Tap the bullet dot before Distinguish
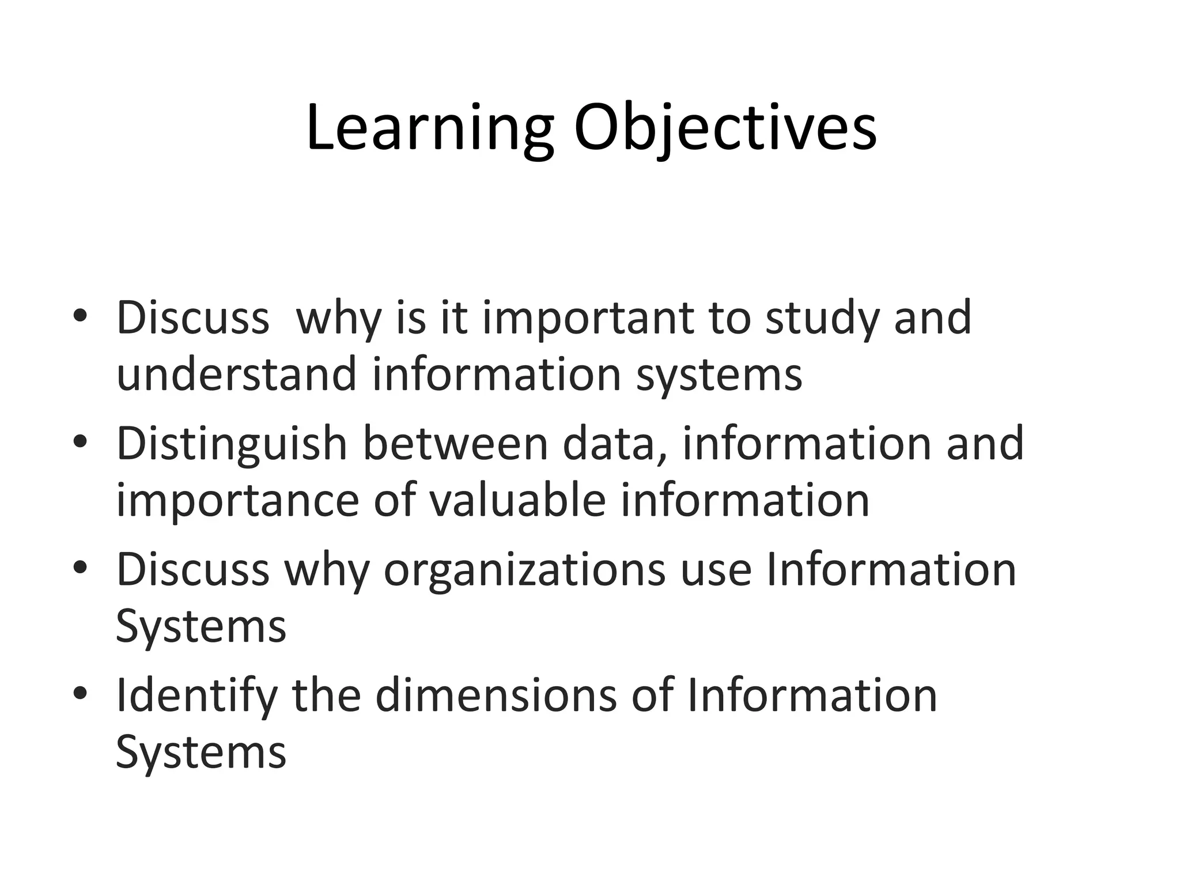pos(80,442)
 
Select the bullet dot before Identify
pos(80,694)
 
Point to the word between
pos(455,444)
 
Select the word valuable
pos(517,500)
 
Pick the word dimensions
pos(496,695)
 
